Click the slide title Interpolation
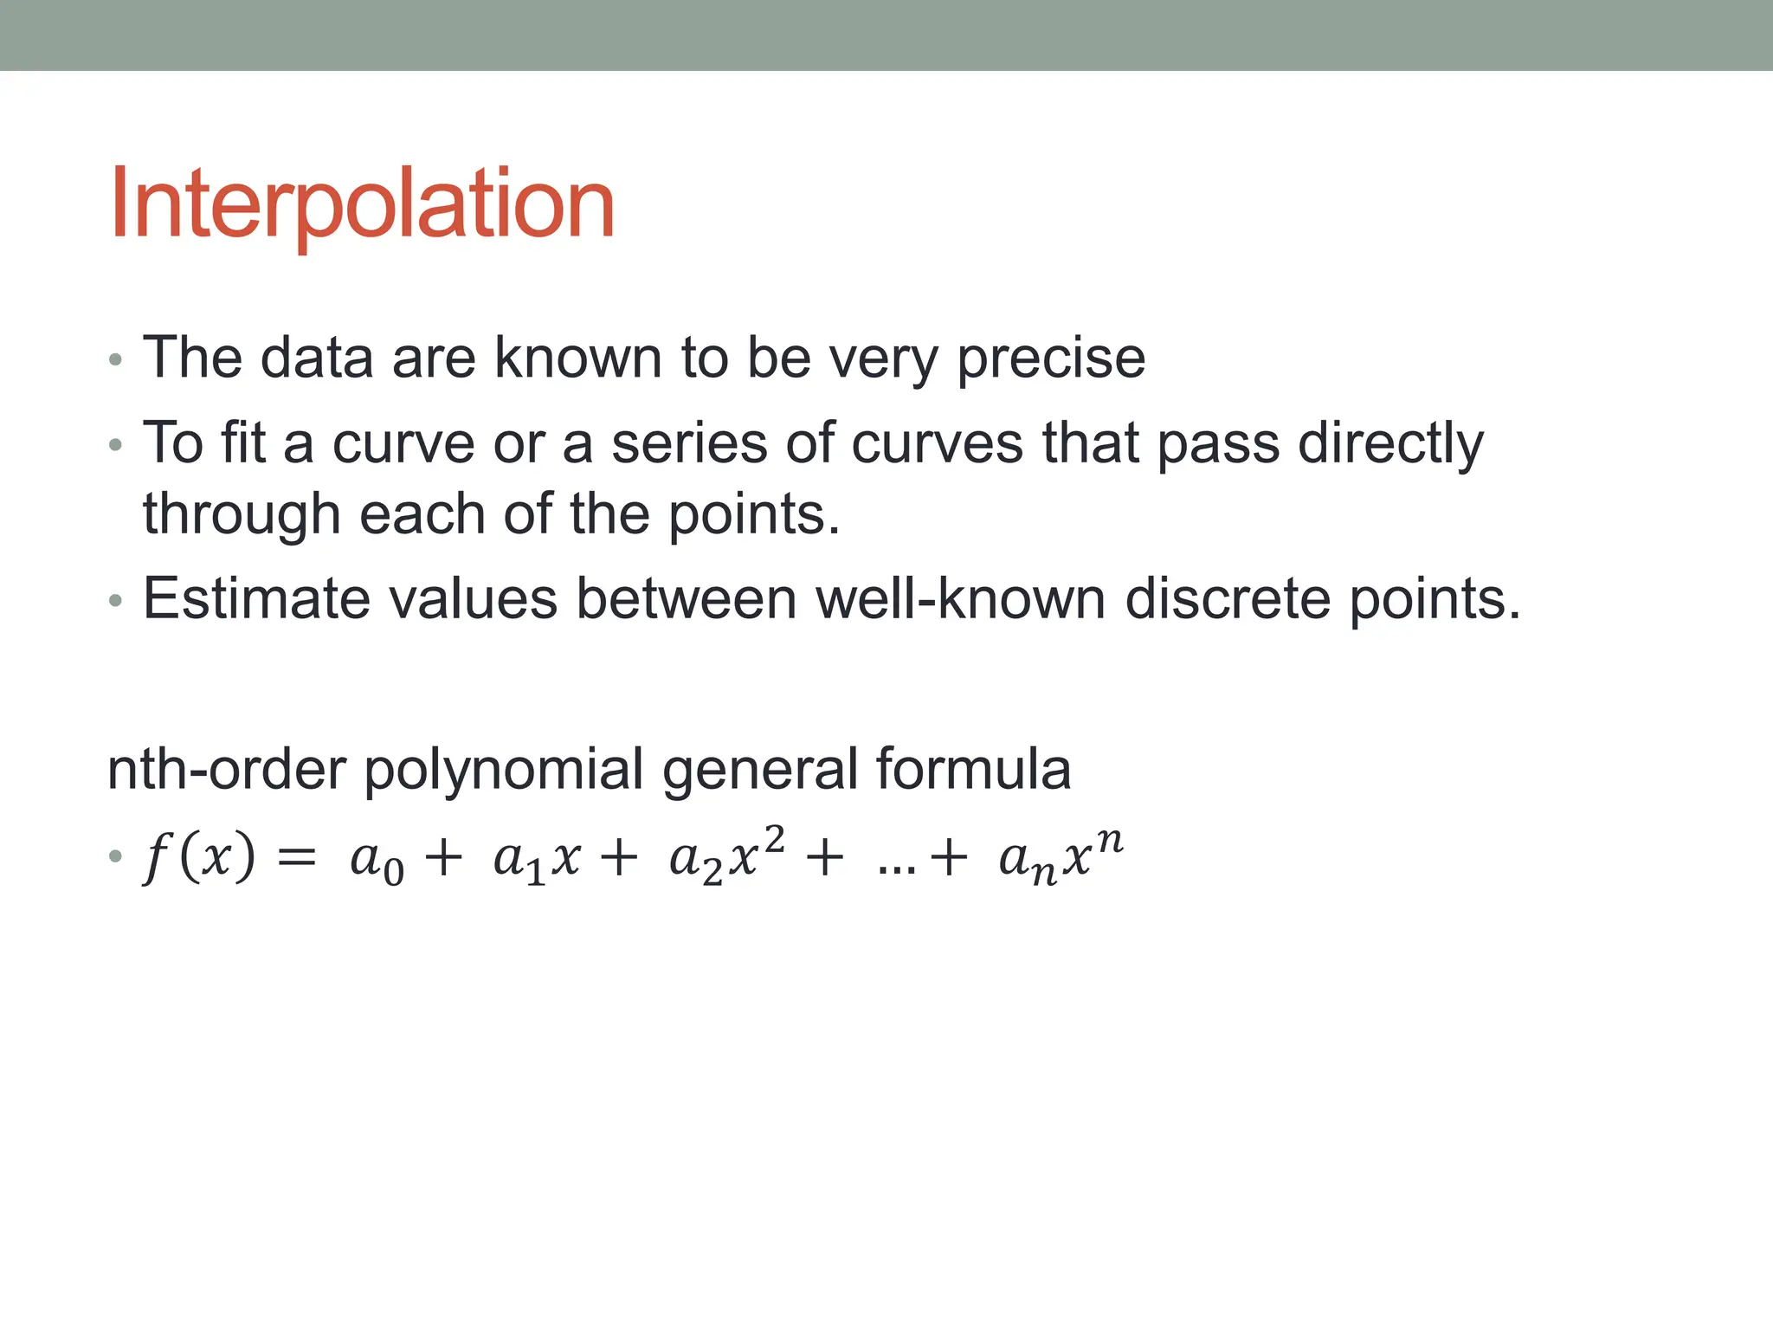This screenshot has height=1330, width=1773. (362, 204)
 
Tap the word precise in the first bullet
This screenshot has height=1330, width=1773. (1050, 358)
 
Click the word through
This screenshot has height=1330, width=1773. (242, 514)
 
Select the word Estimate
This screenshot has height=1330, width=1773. (255, 598)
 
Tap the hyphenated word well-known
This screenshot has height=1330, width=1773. (961, 598)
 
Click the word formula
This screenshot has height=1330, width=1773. (973, 769)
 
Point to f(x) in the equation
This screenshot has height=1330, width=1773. (200, 858)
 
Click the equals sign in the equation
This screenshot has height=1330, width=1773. (296, 860)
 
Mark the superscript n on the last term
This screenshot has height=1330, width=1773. (1110, 841)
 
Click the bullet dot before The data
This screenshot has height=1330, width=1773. (116, 359)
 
